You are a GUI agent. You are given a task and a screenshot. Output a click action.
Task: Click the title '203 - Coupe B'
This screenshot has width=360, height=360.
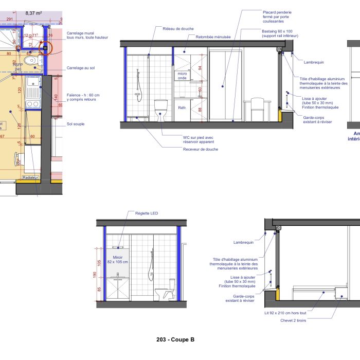175,339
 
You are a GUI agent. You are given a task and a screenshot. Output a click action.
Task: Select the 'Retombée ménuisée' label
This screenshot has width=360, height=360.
213,37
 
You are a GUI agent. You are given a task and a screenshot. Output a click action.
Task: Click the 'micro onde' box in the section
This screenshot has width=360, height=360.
182,76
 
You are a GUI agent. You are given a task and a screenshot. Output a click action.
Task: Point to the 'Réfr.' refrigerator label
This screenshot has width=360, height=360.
182,107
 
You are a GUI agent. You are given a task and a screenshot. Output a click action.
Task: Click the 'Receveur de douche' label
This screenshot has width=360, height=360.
200,149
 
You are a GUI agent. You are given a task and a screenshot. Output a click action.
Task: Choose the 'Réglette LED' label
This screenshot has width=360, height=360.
147,213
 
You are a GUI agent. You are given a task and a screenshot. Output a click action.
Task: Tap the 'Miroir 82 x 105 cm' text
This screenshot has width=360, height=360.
118,259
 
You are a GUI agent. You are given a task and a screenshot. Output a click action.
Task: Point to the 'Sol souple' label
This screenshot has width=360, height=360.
75,124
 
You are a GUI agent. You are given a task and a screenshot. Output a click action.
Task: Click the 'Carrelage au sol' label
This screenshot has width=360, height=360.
81,68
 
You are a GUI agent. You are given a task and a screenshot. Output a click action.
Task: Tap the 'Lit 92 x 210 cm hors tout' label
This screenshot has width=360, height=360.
285,313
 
